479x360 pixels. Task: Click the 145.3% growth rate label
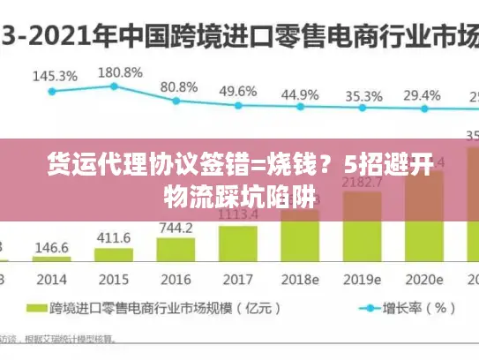(x=55, y=76)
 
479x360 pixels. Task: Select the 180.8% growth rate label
(x=120, y=71)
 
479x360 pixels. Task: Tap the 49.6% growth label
(x=238, y=91)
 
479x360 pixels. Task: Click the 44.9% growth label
(x=300, y=94)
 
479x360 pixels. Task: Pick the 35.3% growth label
(x=363, y=95)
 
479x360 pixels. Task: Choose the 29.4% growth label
(x=422, y=94)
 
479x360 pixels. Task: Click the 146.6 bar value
(x=52, y=248)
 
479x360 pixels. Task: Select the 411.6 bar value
(x=114, y=238)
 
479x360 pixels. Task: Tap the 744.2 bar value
(x=176, y=228)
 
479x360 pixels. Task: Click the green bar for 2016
(x=176, y=251)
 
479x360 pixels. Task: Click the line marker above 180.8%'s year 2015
(x=114, y=86)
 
